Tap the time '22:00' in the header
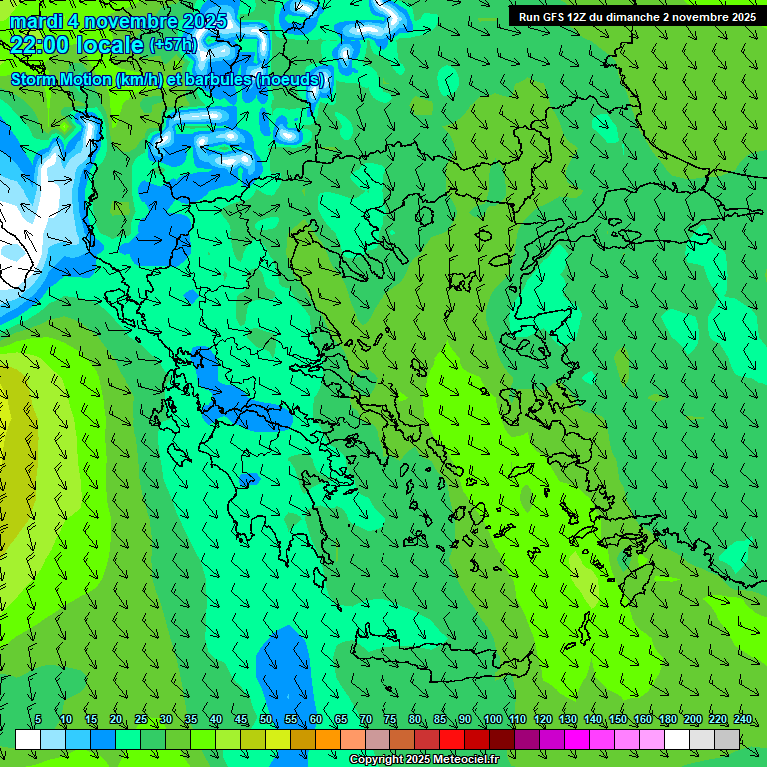(41, 44)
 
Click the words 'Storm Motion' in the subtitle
(60, 79)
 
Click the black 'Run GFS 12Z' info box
(636, 16)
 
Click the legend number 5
(38, 720)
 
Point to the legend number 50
(266, 720)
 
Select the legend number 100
(492, 720)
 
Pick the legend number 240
(742, 720)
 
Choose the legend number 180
(667, 720)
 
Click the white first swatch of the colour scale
(28, 739)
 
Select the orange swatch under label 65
(328, 739)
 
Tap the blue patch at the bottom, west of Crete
(284, 664)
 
